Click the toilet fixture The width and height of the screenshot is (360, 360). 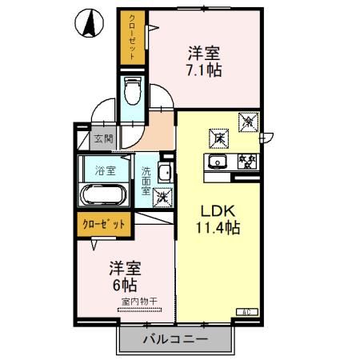pyautogui.click(x=133, y=92)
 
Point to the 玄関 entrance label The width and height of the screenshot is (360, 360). pyautogui.click(x=103, y=138)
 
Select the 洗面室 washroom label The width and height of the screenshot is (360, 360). pyautogui.click(x=146, y=180)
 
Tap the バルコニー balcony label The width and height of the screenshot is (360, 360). pyautogui.click(x=176, y=339)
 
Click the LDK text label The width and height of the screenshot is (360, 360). pyautogui.click(x=214, y=212)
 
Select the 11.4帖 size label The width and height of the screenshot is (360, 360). pyautogui.click(x=214, y=228)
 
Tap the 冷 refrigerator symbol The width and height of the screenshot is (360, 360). pyautogui.click(x=248, y=122)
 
